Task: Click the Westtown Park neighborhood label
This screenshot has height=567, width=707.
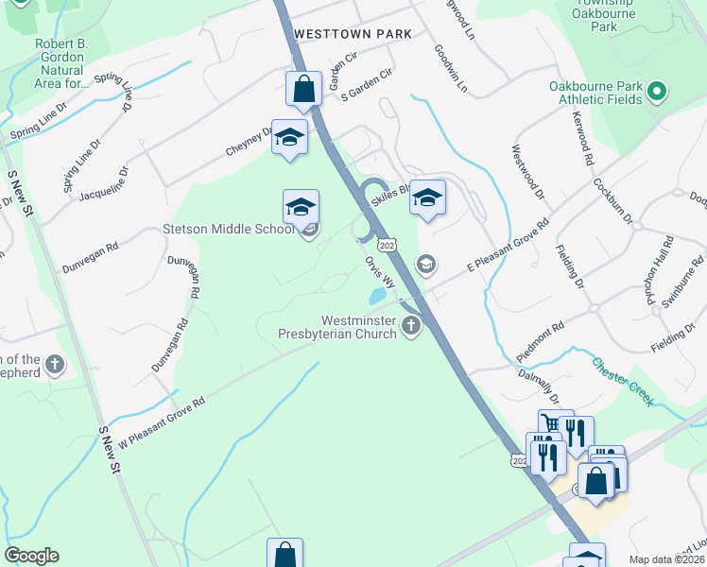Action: pos(353,33)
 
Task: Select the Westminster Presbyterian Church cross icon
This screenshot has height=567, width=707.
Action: pos(411,327)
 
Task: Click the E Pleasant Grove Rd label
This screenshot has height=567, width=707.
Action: pos(509,249)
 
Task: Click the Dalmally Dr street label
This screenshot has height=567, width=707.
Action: pos(540,386)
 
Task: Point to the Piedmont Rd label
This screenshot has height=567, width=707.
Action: pos(543,337)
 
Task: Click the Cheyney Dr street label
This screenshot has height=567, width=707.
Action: pos(250,144)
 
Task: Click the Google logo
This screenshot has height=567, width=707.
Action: pos(31,556)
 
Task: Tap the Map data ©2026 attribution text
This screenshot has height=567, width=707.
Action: pos(666,559)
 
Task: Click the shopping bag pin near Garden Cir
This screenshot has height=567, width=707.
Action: pos(303,89)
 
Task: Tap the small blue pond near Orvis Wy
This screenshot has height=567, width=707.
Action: pos(377,296)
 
